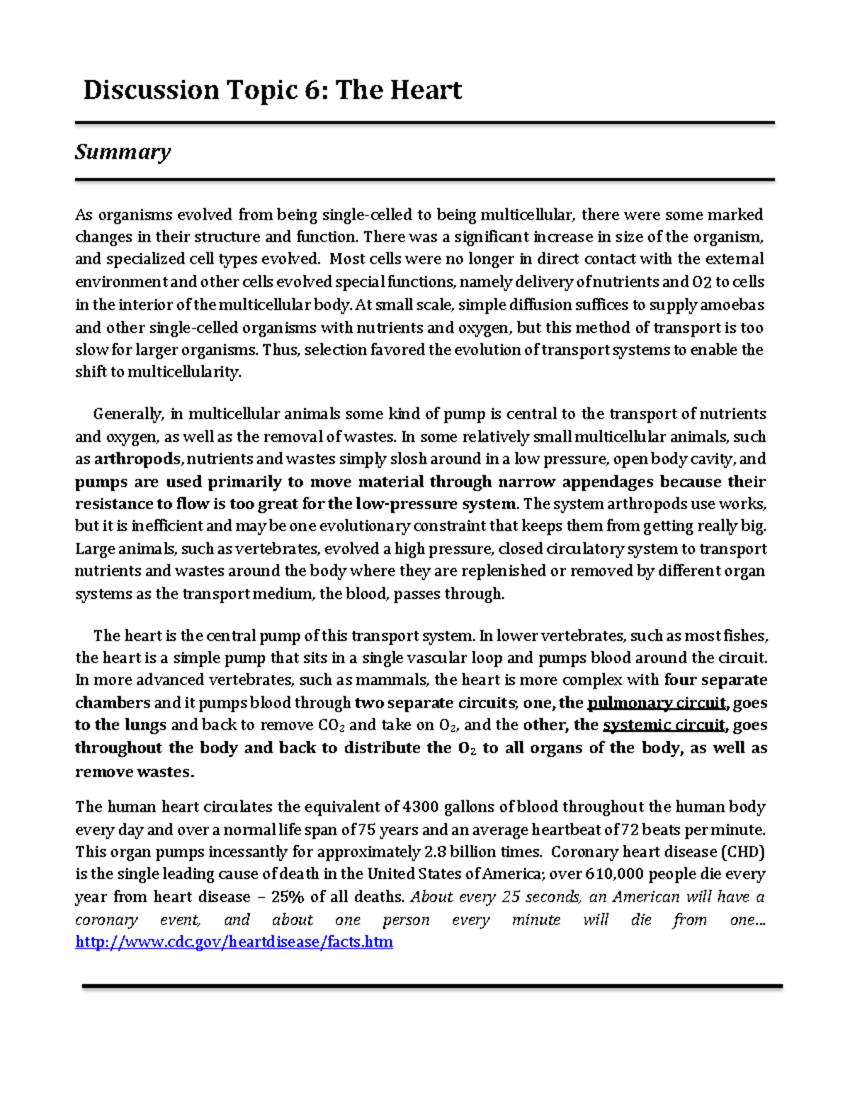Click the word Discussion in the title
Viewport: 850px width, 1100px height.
(151, 91)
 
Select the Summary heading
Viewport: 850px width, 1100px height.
(123, 152)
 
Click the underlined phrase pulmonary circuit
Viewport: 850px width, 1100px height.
(657, 703)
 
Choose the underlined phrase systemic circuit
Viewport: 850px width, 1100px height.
(664, 725)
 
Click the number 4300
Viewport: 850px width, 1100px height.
(421, 807)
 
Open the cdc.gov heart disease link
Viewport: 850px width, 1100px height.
(234, 942)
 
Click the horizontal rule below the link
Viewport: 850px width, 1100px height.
(432, 985)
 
